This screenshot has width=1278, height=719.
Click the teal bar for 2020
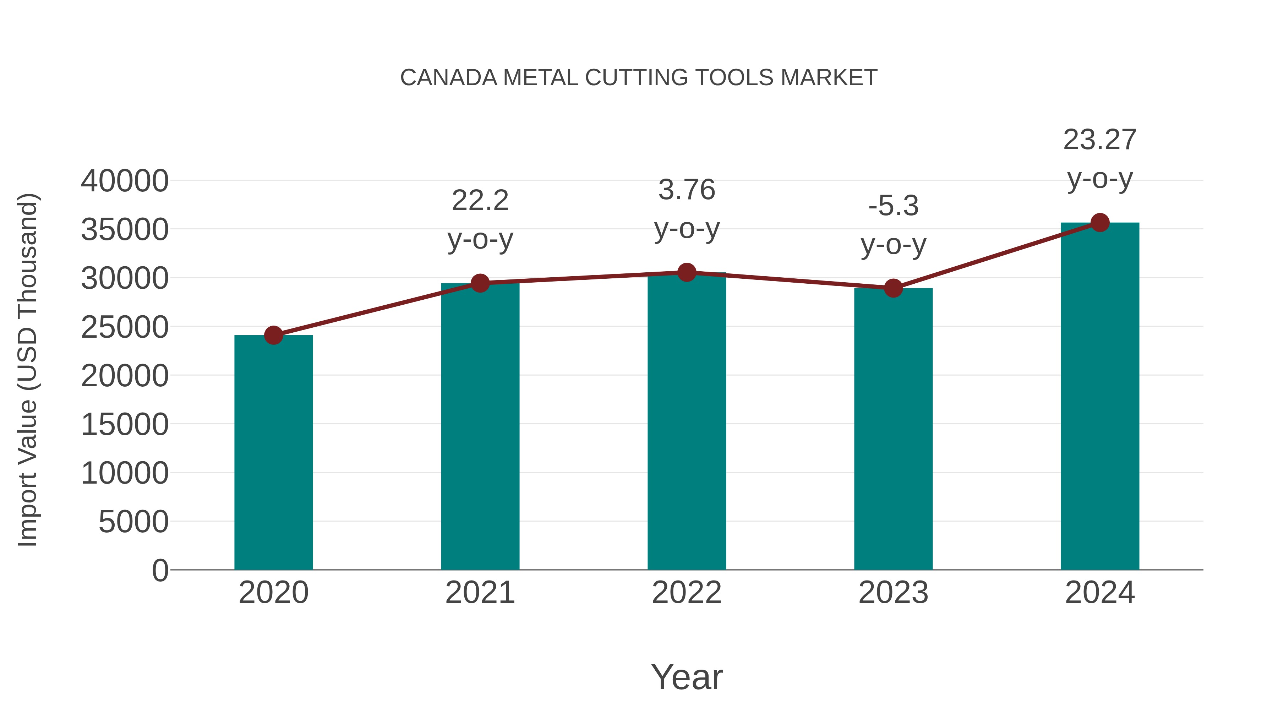pyautogui.click(x=273, y=453)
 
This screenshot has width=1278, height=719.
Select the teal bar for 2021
pyautogui.click(x=480, y=427)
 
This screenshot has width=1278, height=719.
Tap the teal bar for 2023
pyautogui.click(x=893, y=429)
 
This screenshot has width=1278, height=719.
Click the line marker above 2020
pyautogui.click(x=273, y=336)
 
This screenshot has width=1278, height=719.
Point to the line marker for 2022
pyautogui.click(x=687, y=272)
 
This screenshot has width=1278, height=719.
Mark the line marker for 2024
pyautogui.click(x=1100, y=223)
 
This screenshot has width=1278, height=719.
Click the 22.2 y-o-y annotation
pyautogui.click(x=480, y=220)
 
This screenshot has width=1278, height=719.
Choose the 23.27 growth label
pyautogui.click(x=1100, y=159)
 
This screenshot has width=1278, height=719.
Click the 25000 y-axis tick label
pyautogui.click(x=125, y=327)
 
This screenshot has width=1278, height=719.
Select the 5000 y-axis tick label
pyautogui.click(x=133, y=522)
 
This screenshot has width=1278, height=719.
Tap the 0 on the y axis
pyautogui.click(x=160, y=570)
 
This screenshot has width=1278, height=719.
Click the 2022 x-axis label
pyautogui.click(x=687, y=593)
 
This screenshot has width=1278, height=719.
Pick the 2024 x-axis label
pyautogui.click(x=1100, y=593)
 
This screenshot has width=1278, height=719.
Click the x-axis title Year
pyautogui.click(x=687, y=677)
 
